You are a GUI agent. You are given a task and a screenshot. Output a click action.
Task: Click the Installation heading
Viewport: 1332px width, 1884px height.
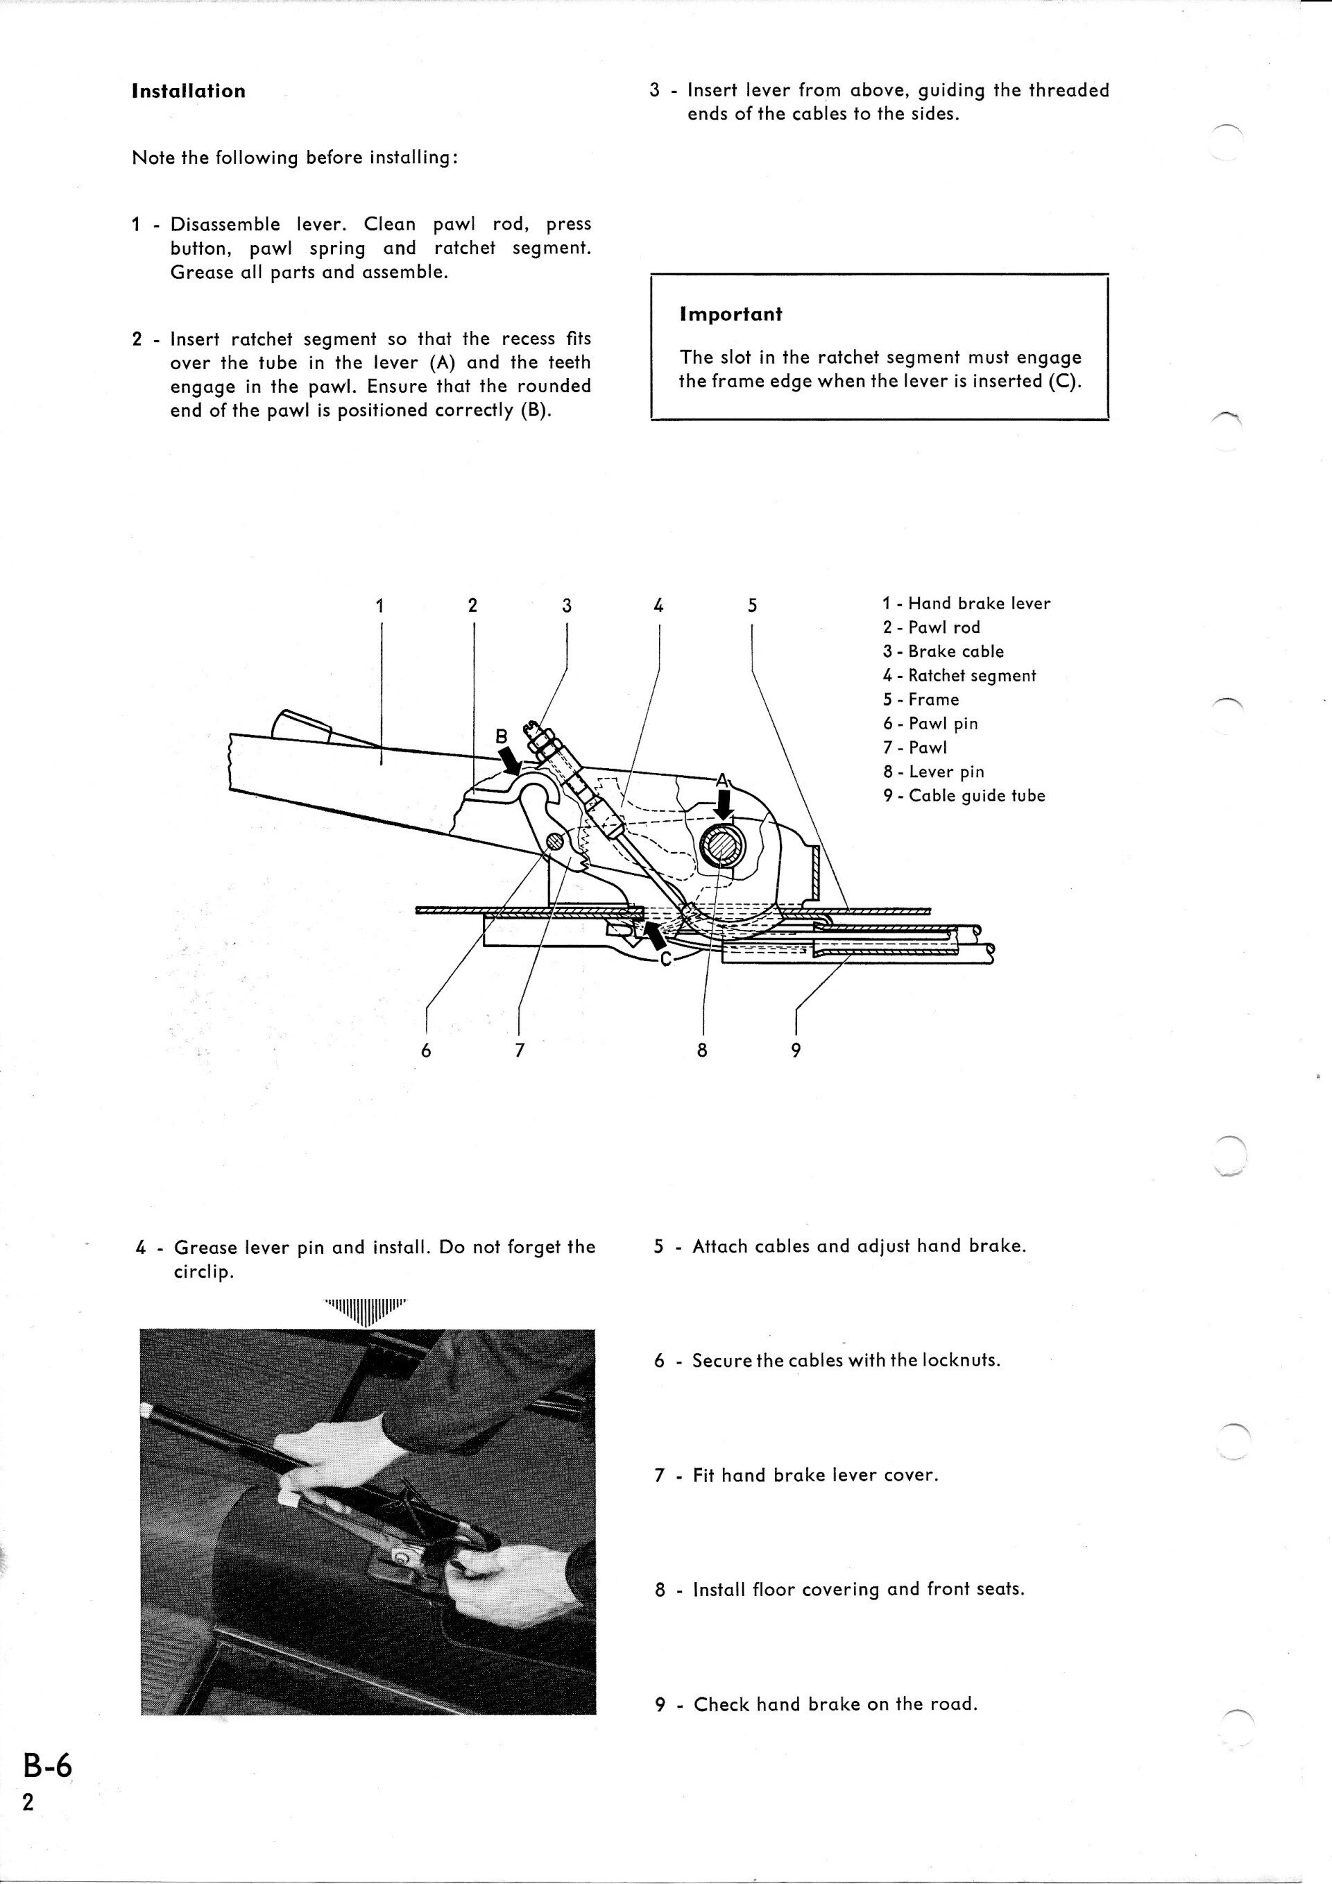point(188,91)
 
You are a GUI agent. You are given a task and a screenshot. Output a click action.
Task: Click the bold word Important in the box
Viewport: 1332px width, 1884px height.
point(731,314)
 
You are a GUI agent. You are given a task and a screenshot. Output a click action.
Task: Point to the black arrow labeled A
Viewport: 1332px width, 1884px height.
point(724,808)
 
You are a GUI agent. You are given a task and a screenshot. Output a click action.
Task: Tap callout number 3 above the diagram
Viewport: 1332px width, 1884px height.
point(566,606)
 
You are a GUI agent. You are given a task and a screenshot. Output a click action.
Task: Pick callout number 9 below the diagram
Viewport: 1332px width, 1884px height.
point(795,1051)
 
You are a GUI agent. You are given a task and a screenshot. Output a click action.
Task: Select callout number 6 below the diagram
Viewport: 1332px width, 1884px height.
point(425,1051)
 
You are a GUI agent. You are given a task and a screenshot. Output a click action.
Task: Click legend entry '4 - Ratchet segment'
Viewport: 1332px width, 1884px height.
point(959,675)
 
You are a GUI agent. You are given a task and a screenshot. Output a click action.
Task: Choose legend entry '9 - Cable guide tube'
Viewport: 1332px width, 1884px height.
point(964,796)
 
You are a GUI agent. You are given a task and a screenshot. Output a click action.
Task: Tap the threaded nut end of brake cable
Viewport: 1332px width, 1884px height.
point(541,738)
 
